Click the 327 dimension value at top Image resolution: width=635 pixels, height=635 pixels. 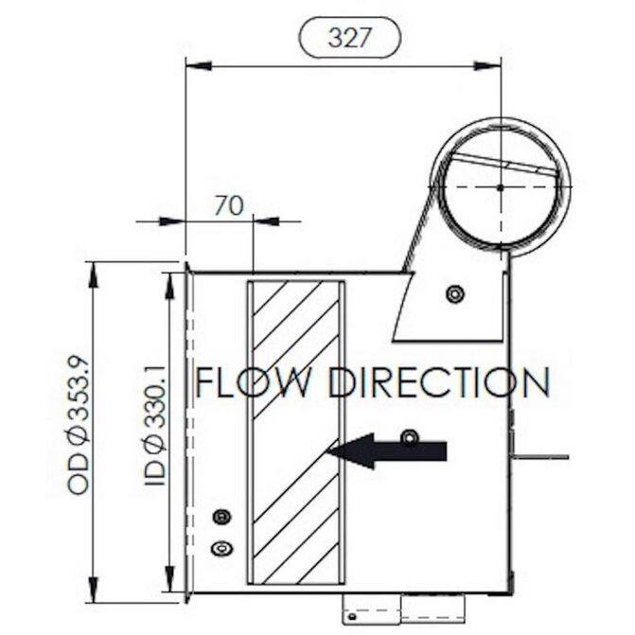coord(349,38)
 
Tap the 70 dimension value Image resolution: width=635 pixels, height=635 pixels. coord(229,205)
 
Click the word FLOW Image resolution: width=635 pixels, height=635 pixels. coord(254,382)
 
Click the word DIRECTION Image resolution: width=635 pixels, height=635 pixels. coord(439,382)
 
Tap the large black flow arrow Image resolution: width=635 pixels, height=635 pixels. coord(387,451)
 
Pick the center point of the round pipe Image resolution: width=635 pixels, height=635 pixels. coord(501,187)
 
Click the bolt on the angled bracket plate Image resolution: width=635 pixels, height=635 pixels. coord(455,293)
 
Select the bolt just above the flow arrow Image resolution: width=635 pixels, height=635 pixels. coord(410,438)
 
